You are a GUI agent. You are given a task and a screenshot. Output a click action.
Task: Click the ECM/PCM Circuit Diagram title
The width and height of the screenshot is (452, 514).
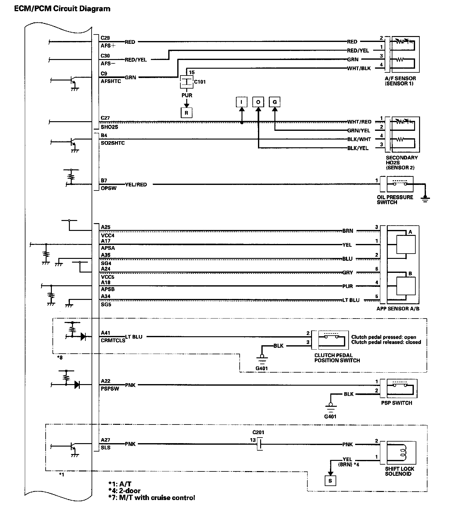tap(62, 9)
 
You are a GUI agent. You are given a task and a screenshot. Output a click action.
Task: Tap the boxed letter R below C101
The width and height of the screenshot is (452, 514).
tap(186, 113)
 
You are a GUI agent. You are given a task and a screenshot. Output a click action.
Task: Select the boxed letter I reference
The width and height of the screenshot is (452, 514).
tap(242, 102)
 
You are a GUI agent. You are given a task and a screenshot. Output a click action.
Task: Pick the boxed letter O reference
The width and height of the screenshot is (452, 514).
tap(258, 102)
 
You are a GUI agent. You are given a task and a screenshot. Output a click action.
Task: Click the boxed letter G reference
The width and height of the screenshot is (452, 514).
tap(275, 102)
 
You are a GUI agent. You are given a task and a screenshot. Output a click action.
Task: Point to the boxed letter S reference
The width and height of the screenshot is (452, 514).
tap(330, 481)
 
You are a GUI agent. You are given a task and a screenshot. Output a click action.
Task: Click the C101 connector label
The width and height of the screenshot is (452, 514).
tap(200, 82)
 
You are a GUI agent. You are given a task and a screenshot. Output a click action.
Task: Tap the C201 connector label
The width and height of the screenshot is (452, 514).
tap(258, 432)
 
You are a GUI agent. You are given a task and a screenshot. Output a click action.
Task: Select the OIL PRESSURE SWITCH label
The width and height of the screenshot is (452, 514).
tap(395, 200)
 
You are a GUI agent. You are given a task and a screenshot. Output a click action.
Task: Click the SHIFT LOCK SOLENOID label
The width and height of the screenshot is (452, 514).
tap(400, 471)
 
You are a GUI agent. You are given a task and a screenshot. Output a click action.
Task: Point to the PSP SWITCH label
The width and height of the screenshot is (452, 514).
tap(396, 403)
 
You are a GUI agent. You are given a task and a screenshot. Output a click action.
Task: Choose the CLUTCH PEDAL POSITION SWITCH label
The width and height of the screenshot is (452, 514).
tap(337, 358)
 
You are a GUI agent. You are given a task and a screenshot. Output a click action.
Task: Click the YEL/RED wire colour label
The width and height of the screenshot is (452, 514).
tap(136, 185)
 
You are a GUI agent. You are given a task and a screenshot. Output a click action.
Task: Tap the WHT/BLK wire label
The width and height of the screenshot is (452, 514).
tap(359, 68)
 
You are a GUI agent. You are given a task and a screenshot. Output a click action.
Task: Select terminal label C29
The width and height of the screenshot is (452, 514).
tap(105, 38)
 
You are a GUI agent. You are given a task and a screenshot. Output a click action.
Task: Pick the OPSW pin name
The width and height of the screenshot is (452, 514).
tap(109, 188)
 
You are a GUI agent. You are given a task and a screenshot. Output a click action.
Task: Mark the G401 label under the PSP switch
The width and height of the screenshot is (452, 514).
tap(330, 416)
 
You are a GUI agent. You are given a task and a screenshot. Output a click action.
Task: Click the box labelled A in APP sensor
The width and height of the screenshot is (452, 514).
tap(406, 244)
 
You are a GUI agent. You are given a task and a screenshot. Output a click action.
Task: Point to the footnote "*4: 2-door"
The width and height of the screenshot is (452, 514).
tap(124, 491)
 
